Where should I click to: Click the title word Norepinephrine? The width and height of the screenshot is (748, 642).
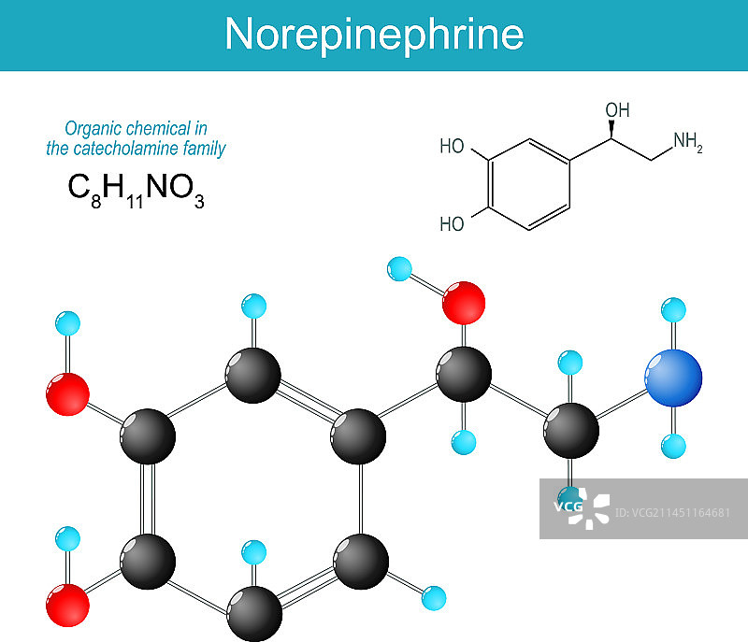coord(374,35)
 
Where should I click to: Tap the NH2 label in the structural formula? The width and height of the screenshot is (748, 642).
coord(688,143)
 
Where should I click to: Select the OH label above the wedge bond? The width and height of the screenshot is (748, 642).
coord(618,110)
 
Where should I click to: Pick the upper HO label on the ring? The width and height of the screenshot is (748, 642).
coord(453,147)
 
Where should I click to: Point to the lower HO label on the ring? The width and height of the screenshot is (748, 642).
coord(453,224)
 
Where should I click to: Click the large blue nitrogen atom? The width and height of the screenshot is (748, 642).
coord(672,378)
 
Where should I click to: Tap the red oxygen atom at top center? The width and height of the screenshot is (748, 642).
coord(464,305)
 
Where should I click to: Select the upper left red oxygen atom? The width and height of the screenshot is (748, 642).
coord(67,393)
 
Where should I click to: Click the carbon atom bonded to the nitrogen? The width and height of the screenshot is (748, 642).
coord(570,430)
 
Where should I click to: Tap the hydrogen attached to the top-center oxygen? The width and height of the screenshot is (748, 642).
coord(399,270)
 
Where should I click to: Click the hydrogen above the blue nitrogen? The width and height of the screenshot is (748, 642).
coord(672,308)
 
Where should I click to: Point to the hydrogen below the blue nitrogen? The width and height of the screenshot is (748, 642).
coord(672,446)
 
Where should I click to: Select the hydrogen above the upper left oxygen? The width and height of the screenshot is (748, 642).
coord(67,324)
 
